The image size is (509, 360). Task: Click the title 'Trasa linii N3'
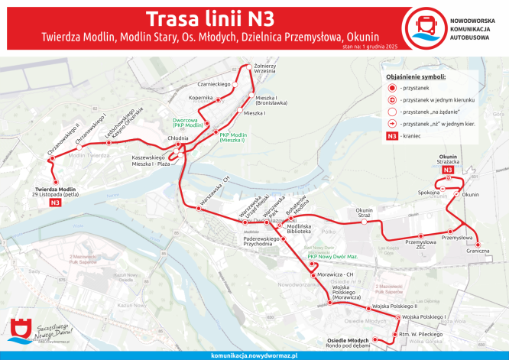coord(208,18)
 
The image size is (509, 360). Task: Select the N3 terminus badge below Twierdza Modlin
coord(54,203)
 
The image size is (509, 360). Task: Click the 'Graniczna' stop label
coord(478,251)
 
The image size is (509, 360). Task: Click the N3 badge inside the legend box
coord(391,136)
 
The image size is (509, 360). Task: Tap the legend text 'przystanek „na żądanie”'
coord(434,112)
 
